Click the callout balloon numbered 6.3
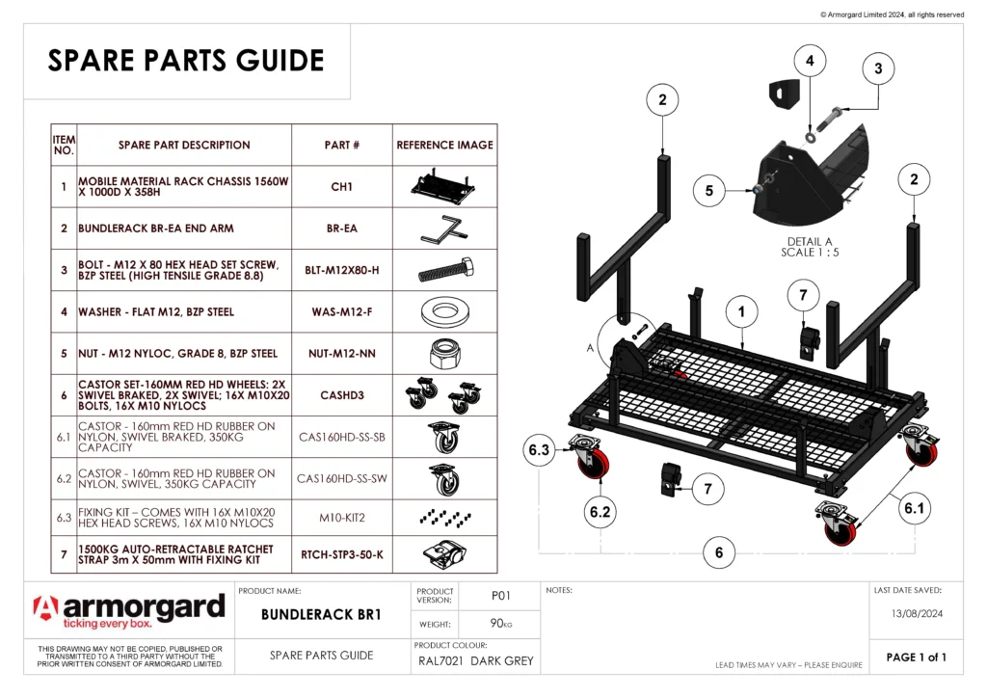point(539,450)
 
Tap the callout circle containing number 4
point(810,60)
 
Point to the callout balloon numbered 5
point(709,191)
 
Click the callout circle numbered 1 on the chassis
point(740,312)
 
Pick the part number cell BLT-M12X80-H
point(341,271)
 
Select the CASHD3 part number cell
point(341,395)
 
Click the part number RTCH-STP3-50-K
point(341,554)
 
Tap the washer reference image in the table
point(444,312)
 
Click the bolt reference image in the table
point(444,271)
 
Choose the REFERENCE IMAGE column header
point(444,145)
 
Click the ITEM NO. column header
point(64,145)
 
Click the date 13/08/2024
point(915,612)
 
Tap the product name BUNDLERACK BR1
point(322,613)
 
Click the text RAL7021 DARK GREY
point(475,661)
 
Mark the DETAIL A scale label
point(810,247)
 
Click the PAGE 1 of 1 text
point(916,658)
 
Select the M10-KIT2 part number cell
point(341,517)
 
